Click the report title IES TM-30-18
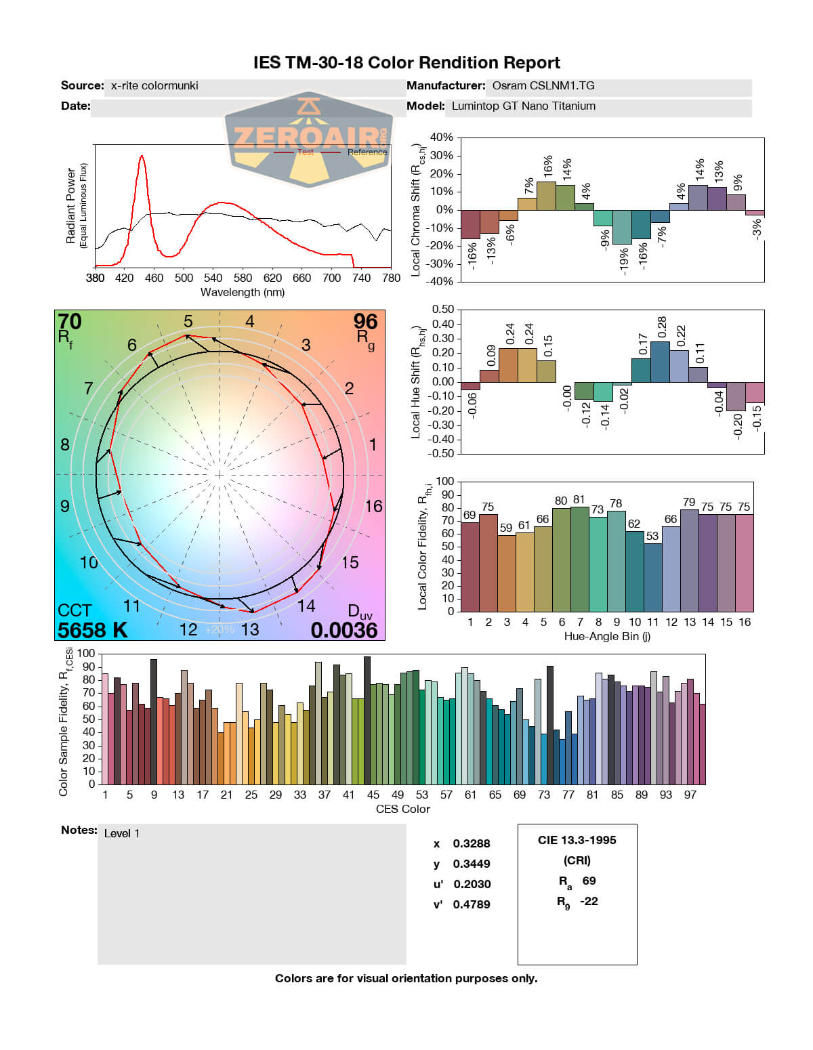(406, 63)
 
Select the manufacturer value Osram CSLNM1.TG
(543, 86)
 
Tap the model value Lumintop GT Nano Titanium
(524, 106)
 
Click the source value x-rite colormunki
(154, 86)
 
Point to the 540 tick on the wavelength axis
(213, 278)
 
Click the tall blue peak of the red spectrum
(142, 157)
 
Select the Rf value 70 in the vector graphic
(70, 321)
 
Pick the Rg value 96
(365, 321)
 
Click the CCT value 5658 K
(93, 630)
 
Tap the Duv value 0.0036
(344, 630)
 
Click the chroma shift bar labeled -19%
(622, 227)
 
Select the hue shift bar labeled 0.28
(661, 362)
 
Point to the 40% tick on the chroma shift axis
(442, 138)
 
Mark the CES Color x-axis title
(403, 809)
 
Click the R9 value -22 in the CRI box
(589, 901)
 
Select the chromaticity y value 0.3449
(472, 864)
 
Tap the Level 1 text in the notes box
(122, 834)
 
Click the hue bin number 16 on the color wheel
(374, 506)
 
